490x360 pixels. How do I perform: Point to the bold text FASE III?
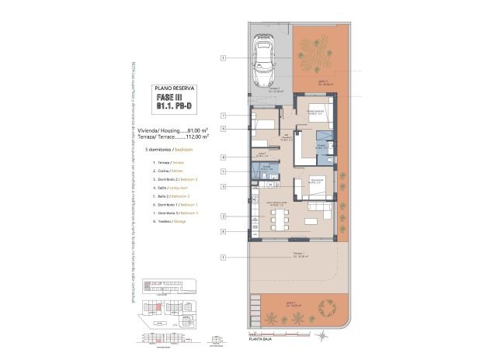[172, 99]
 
